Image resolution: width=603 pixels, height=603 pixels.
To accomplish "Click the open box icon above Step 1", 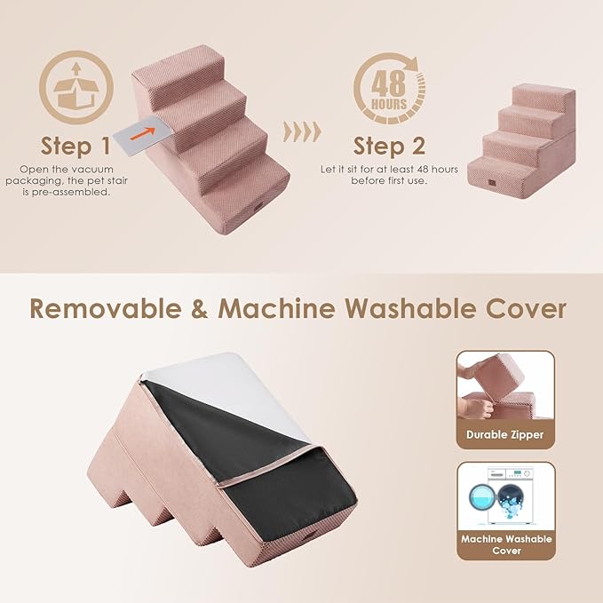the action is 76,87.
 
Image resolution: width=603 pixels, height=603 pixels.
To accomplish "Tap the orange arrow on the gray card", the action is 143,133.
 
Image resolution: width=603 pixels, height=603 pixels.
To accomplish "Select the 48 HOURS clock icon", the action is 389,89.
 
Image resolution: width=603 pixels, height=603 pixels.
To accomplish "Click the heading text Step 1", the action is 75,146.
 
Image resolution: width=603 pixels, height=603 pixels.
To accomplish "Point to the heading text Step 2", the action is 389,146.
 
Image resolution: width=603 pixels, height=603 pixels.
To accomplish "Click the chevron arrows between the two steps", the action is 302,132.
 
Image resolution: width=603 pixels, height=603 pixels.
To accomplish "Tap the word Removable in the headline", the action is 106,308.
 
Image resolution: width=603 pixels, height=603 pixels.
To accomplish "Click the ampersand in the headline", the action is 200,309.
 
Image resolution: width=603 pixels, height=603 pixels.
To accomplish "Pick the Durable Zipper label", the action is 505,434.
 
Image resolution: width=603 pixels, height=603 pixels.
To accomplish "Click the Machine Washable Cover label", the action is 506,544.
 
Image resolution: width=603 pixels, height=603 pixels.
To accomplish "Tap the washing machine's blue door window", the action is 482,496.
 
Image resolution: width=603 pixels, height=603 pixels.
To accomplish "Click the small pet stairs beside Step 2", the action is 522,140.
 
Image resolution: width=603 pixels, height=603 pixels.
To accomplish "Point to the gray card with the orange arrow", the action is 143,135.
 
